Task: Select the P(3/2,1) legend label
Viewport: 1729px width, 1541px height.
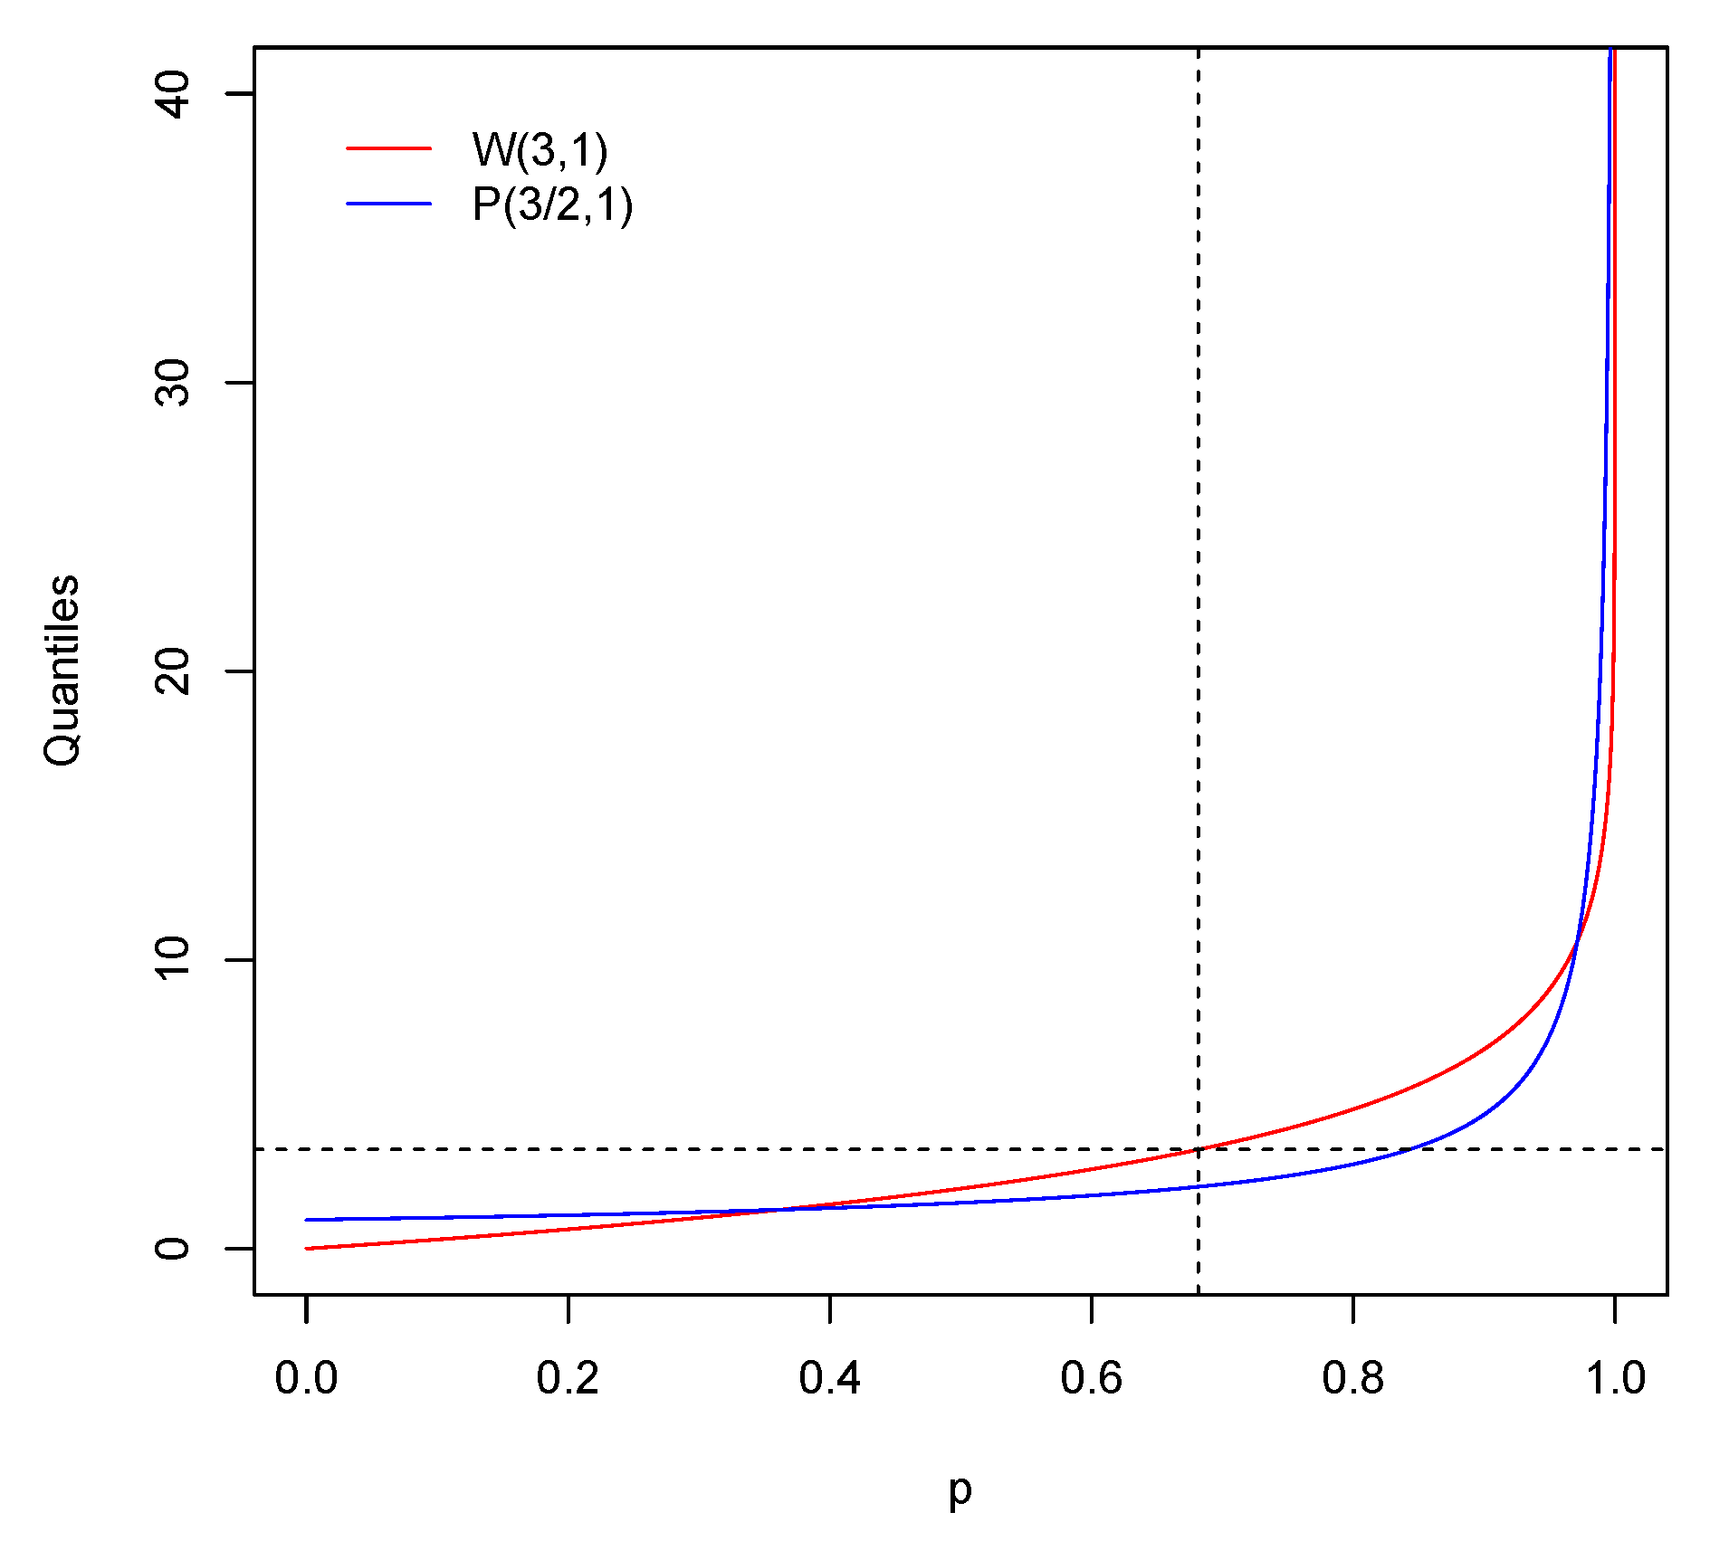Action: [551, 205]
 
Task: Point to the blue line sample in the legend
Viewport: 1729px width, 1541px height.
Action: [388, 204]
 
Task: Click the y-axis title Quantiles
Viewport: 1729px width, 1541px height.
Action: [62, 671]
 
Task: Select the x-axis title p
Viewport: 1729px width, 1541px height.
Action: [960, 1489]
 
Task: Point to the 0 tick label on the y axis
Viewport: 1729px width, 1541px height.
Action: [173, 1249]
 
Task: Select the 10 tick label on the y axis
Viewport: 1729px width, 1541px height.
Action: [173, 959]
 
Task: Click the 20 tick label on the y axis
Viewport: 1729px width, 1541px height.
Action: [173, 671]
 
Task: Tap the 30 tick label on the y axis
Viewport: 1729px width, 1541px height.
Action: [173, 382]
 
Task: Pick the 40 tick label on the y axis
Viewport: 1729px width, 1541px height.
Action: [173, 93]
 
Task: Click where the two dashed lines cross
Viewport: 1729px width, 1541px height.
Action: [1199, 1149]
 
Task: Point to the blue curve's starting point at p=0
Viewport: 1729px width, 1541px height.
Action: [307, 1220]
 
